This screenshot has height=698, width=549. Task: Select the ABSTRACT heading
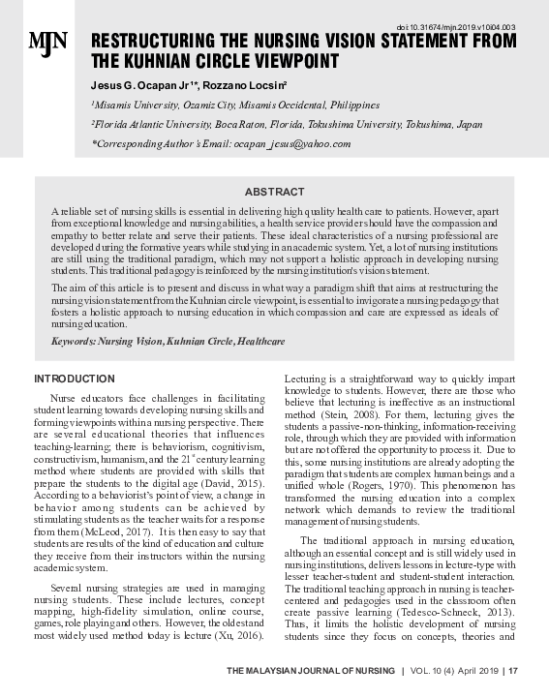(x=274, y=193)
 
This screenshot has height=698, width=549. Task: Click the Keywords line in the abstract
(x=168, y=342)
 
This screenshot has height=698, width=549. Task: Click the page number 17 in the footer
(x=513, y=669)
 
